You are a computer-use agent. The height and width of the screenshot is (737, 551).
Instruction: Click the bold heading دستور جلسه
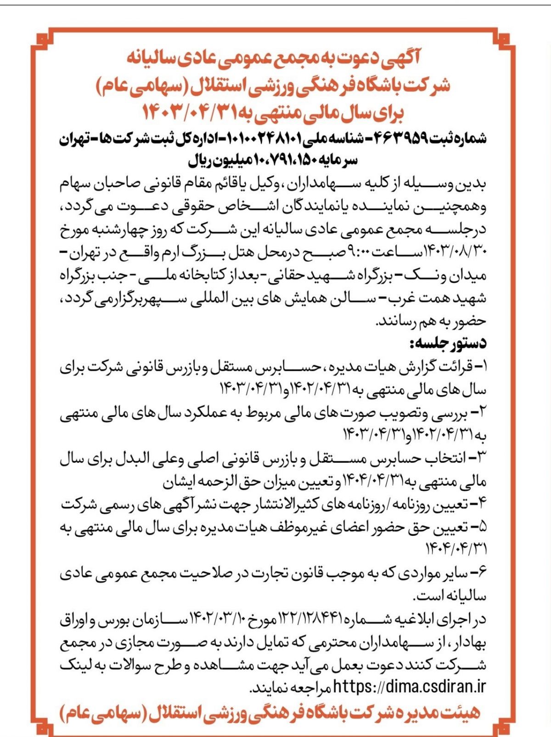(x=448, y=343)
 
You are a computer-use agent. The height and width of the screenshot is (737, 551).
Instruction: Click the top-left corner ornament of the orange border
(x=42, y=39)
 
